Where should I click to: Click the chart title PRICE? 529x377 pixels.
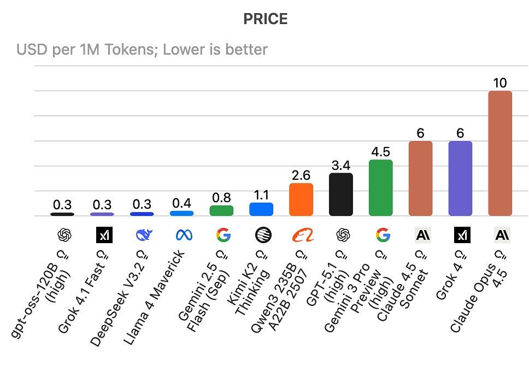click(265, 20)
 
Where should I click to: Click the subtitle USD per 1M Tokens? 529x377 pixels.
click(142, 50)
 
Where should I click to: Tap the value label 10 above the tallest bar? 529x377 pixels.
click(499, 83)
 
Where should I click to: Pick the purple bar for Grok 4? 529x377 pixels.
click(460, 178)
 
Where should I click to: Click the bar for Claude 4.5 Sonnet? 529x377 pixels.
click(420, 178)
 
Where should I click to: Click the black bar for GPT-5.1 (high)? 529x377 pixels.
click(340, 194)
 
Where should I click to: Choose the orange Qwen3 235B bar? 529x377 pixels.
click(301, 199)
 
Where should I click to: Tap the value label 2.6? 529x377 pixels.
click(301, 175)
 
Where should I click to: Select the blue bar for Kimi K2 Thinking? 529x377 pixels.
click(261, 209)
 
